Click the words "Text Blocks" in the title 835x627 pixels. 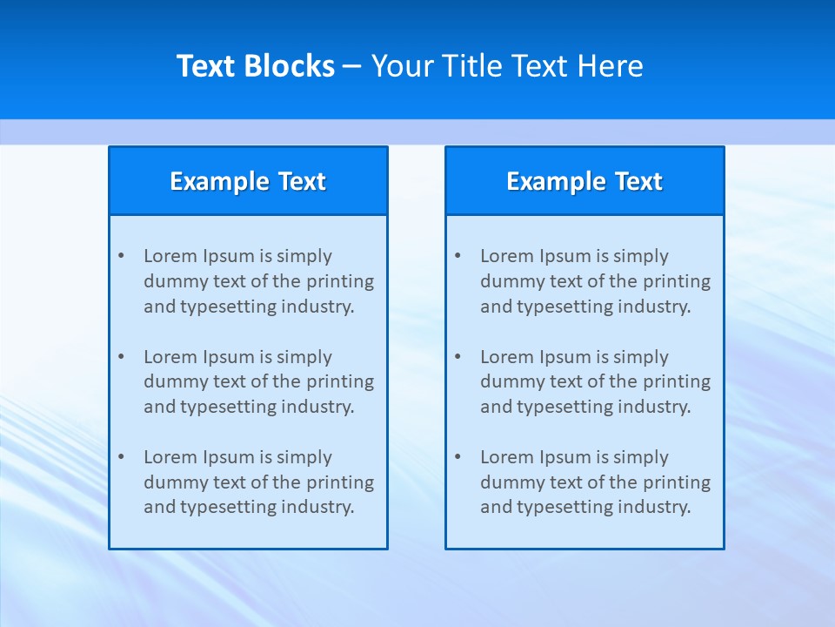click(256, 66)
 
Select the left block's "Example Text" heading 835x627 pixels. click(248, 181)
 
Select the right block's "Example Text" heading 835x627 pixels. click(584, 181)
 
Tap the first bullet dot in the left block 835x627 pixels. click(121, 256)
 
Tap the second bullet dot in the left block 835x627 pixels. click(121, 357)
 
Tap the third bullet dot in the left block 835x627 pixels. click(121, 457)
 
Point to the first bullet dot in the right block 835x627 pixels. click(458, 256)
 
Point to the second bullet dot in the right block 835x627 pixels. click(458, 357)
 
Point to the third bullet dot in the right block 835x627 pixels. click(458, 457)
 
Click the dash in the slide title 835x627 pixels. click(352, 67)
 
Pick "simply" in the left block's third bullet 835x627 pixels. click(304, 457)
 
